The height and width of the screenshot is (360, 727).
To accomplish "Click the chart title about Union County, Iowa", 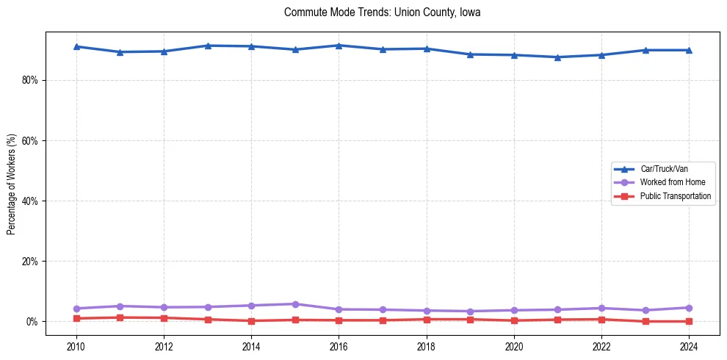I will [382, 12].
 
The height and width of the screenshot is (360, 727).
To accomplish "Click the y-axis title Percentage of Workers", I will [11, 184].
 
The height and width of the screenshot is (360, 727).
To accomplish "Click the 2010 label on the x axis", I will [76, 346].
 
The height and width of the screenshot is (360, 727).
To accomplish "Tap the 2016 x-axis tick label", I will [339, 346].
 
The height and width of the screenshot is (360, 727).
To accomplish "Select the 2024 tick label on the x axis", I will [688, 346].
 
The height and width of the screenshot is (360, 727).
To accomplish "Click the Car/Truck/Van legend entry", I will [664, 169].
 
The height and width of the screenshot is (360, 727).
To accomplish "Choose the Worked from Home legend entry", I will [673, 182].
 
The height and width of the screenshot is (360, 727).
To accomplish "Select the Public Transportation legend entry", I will [675, 196].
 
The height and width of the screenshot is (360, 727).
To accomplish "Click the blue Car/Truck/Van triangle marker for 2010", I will [76, 46].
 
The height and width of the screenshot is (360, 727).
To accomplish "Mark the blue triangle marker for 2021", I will [557, 57].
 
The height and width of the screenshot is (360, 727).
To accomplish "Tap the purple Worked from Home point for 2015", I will [295, 304].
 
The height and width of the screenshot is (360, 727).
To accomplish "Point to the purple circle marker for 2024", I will [688, 308].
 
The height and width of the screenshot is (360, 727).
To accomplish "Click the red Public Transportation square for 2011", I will [120, 317].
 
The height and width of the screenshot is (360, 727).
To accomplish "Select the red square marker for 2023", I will [645, 321].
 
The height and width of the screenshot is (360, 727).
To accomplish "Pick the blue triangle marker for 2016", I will [339, 46].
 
